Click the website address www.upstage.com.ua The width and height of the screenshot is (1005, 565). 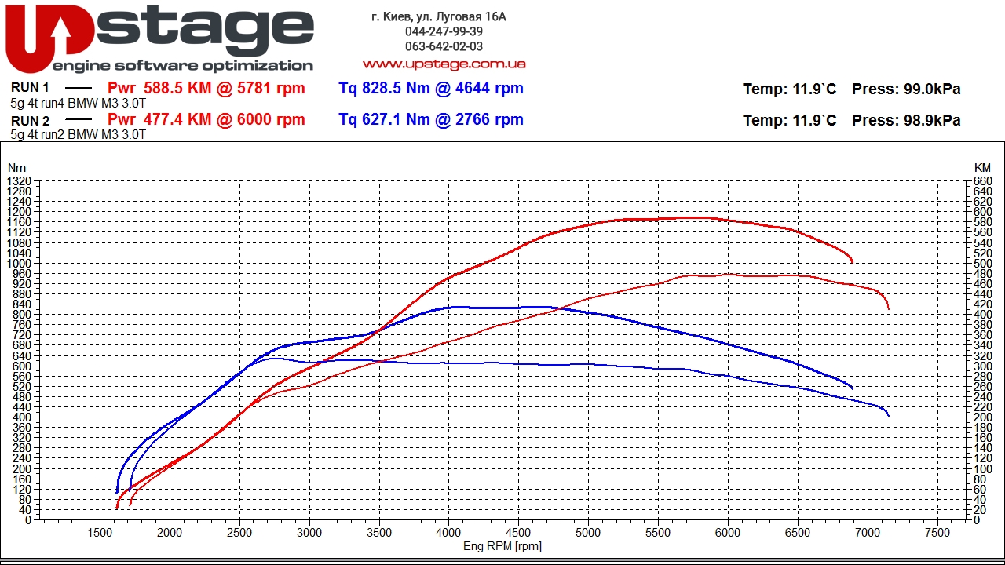(444, 64)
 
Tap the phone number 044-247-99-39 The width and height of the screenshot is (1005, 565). (444, 31)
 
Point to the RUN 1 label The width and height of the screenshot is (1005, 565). (31, 89)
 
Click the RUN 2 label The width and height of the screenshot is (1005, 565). (31, 121)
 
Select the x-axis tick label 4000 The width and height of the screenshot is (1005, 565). (448, 533)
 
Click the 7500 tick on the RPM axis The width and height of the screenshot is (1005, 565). (937, 533)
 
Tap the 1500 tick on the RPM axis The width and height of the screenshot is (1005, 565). (100, 533)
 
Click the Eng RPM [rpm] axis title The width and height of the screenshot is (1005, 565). (502, 547)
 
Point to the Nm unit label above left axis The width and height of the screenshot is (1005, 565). (16, 168)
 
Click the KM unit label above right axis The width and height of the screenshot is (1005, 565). (982, 168)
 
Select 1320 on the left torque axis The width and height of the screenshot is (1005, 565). (19, 181)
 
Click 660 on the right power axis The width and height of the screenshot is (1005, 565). (982, 181)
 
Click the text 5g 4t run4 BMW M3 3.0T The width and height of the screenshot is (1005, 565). (78, 103)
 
